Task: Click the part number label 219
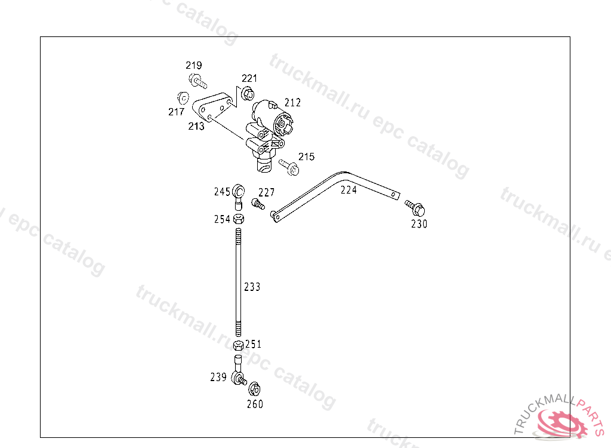point(193,65)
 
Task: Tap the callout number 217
point(176,112)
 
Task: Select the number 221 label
point(249,78)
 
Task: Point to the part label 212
point(292,103)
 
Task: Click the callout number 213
point(196,126)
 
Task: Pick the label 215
point(306,157)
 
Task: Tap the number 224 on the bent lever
point(348,190)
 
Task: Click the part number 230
point(419,224)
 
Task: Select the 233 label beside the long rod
point(252,287)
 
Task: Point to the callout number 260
point(255,404)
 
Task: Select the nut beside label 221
point(248,93)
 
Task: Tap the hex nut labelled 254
point(238,219)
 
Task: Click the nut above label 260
point(253,389)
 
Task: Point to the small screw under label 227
point(258,205)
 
